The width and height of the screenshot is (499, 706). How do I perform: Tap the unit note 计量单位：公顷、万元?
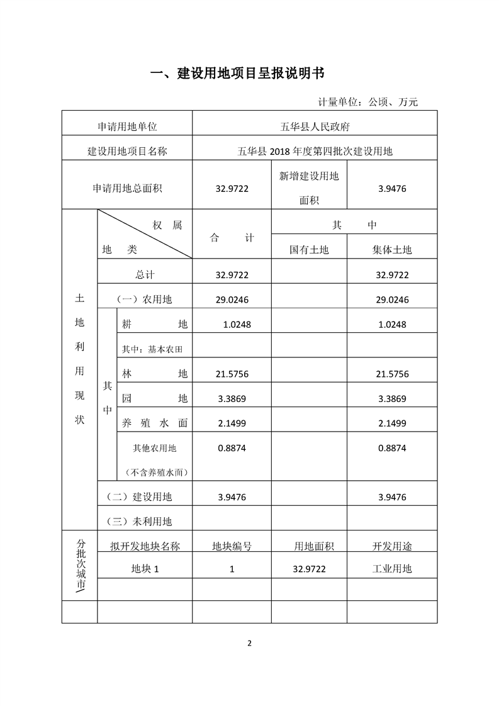[x=368, y=101]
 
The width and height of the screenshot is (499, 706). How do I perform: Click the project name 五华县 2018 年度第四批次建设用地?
[x=315, y=151]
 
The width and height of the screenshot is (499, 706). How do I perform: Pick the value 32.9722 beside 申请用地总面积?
[x=232, y=188]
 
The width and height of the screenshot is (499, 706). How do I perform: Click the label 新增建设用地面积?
[x=309, y=188]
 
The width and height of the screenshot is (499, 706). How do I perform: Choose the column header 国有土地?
[x=309, y=250]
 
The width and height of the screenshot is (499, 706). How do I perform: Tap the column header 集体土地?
[x=392, y=250]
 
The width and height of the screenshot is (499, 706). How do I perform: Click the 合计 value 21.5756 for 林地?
[x=232, y=374]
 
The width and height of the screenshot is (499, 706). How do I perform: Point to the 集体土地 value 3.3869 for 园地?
[x=392, y=398]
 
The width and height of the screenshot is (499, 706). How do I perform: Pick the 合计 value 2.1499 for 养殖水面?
[x=232, y=423]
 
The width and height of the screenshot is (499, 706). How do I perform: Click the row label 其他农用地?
[x=154, y=449]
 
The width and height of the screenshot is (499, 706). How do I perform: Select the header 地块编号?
[x=232, y=546]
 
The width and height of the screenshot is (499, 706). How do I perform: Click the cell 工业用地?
[x=392, y=569]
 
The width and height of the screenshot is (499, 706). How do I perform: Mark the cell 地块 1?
[x=145, y=569]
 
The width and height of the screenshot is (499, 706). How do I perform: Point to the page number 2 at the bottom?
[x=249, y=642]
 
